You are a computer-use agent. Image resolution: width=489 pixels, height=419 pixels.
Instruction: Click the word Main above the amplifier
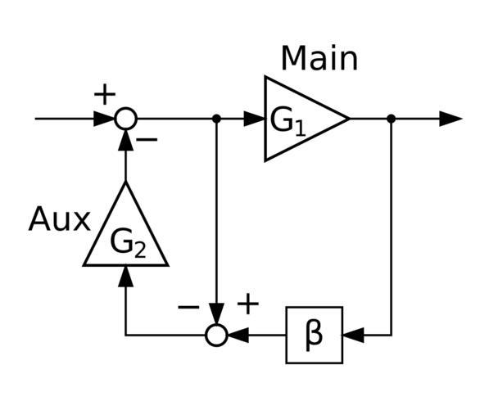tap(319, 59)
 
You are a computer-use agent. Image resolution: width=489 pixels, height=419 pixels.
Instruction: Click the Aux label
tap(60, 219)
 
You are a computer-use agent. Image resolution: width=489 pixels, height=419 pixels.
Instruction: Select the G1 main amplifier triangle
tap(307, 119)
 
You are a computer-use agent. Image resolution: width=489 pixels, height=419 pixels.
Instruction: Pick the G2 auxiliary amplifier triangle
tap(125, 223)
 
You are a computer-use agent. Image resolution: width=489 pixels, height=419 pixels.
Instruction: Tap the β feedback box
tap(315, 335)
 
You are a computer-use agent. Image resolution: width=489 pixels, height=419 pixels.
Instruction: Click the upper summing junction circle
tap(125, 119)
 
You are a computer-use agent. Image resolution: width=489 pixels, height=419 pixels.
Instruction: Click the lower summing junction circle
tap(216, 336)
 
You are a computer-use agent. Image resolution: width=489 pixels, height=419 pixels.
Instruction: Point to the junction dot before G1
tap(216, 119)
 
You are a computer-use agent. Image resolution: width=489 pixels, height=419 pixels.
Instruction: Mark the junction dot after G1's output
tap(391, 119)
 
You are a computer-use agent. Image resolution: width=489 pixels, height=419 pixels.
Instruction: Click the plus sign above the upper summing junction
tap(105, 94)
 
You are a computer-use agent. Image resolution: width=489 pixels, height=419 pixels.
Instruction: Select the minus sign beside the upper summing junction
tap(147, 140)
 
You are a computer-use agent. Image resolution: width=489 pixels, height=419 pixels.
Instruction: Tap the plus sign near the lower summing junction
tap(248, 304)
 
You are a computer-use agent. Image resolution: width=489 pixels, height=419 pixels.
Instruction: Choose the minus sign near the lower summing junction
tap(188, 308)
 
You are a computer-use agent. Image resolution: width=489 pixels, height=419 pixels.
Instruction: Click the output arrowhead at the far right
tap(451, 119)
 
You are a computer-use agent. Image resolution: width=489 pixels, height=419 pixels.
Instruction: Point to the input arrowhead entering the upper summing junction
tap(104, 119)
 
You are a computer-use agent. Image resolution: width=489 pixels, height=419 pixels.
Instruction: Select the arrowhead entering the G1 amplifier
tap(254, 119)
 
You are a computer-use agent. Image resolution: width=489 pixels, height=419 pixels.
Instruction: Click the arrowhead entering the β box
tap(353, 336)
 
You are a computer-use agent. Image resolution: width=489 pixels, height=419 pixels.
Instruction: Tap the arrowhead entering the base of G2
tap(125, 276)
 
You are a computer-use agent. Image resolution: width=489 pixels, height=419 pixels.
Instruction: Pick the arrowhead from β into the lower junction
tap(238, 336)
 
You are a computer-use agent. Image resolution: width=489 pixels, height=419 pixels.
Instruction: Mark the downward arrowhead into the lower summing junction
tap(216, 313)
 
